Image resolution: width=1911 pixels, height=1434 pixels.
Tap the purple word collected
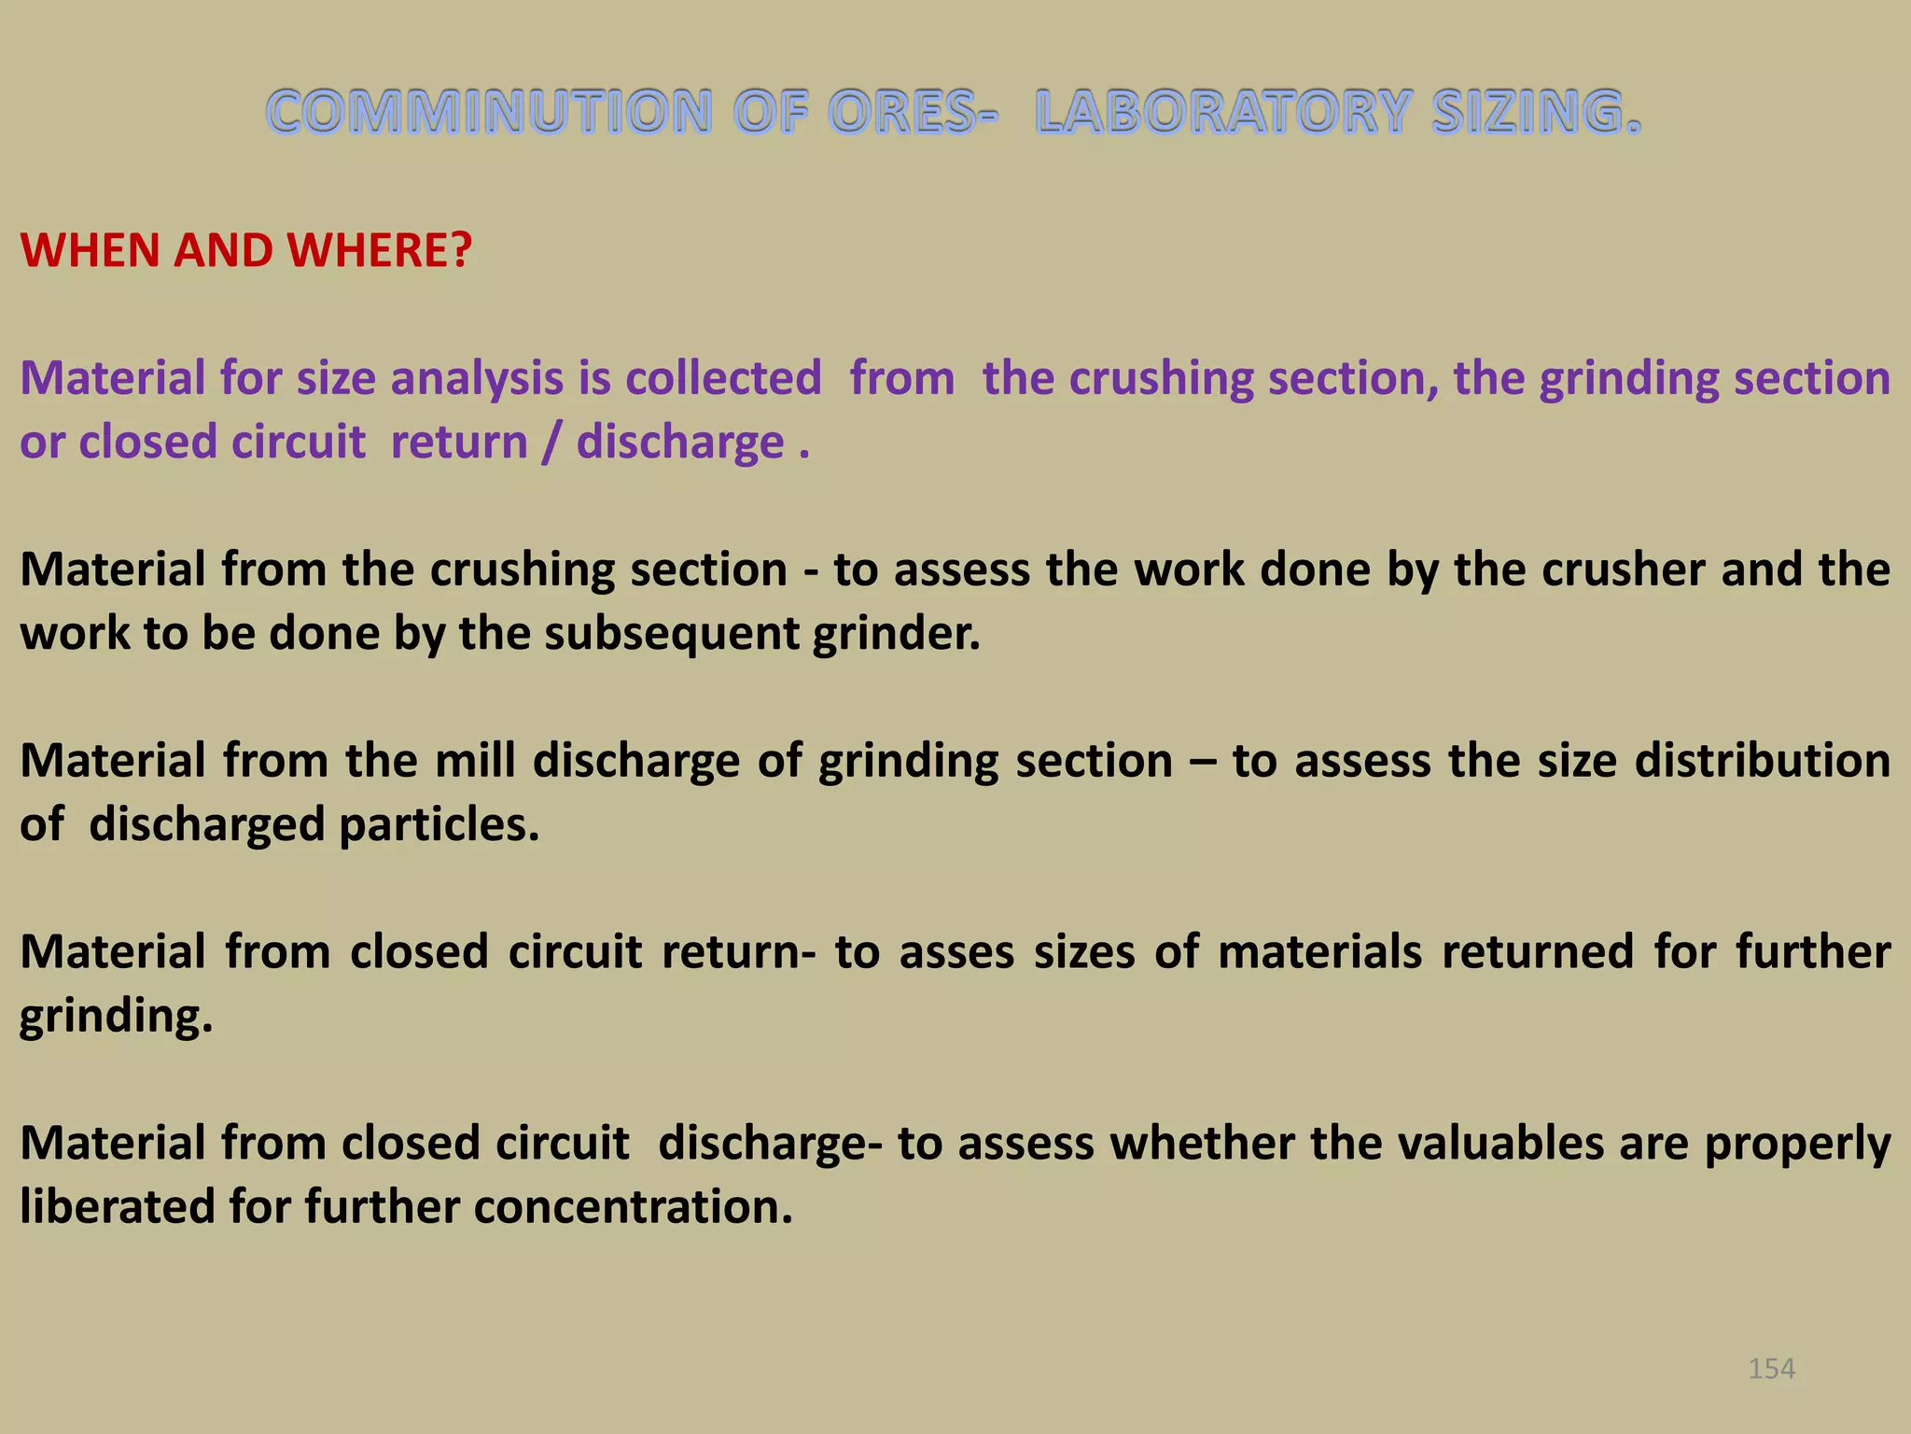click(x=723, y=378)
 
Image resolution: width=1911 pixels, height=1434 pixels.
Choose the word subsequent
click(x=671, y=633)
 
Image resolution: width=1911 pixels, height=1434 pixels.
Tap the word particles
click(x=439, y=824)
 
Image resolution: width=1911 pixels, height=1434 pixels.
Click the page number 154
click(x=1771, y=1369)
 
